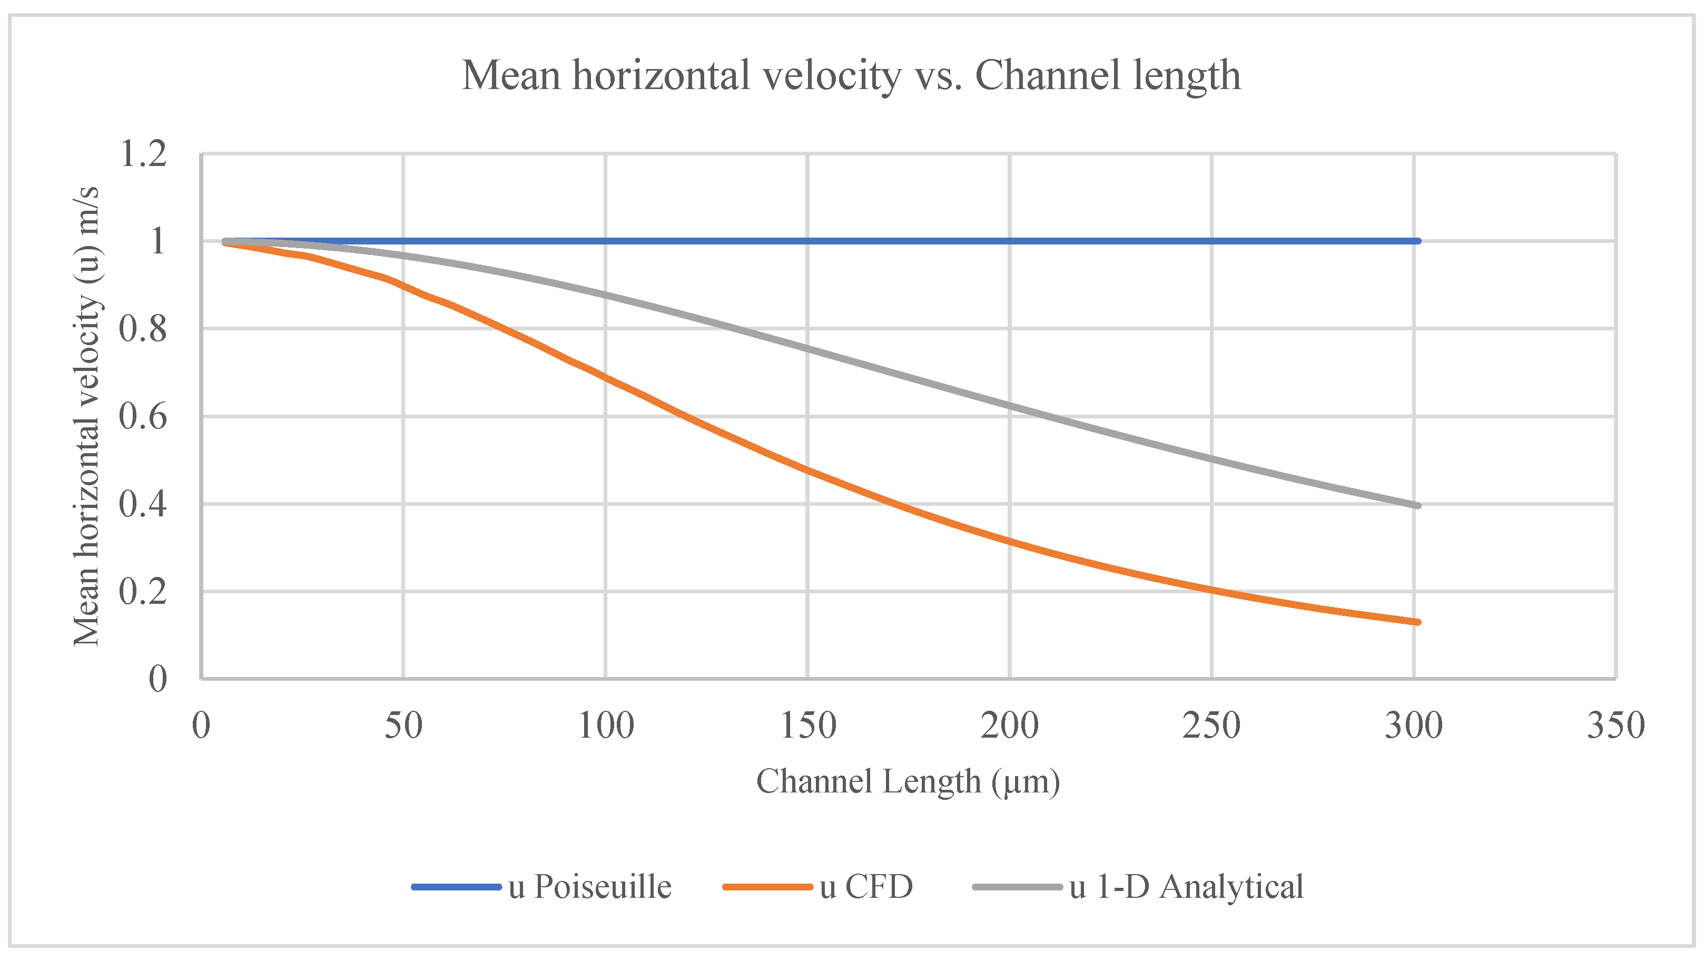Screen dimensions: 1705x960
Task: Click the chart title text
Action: [x=851, y=75]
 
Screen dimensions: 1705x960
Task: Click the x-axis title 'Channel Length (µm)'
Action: [x=908, y=781]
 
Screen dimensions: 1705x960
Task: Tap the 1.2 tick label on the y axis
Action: [x=143, y=154]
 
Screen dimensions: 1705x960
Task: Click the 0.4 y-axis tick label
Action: [x=143, y=504]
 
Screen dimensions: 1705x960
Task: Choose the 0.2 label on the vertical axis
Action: [x=143, y=591]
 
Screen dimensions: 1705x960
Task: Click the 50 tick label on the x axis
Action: [x=403, y=726]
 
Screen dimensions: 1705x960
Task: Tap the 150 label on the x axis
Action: [x=807, y=726]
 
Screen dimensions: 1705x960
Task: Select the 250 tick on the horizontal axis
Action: [x=1211, y=726]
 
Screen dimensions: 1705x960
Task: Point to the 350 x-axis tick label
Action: [x=1615, y=726]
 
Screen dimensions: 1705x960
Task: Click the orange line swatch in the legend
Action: [x=768, y=887]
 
